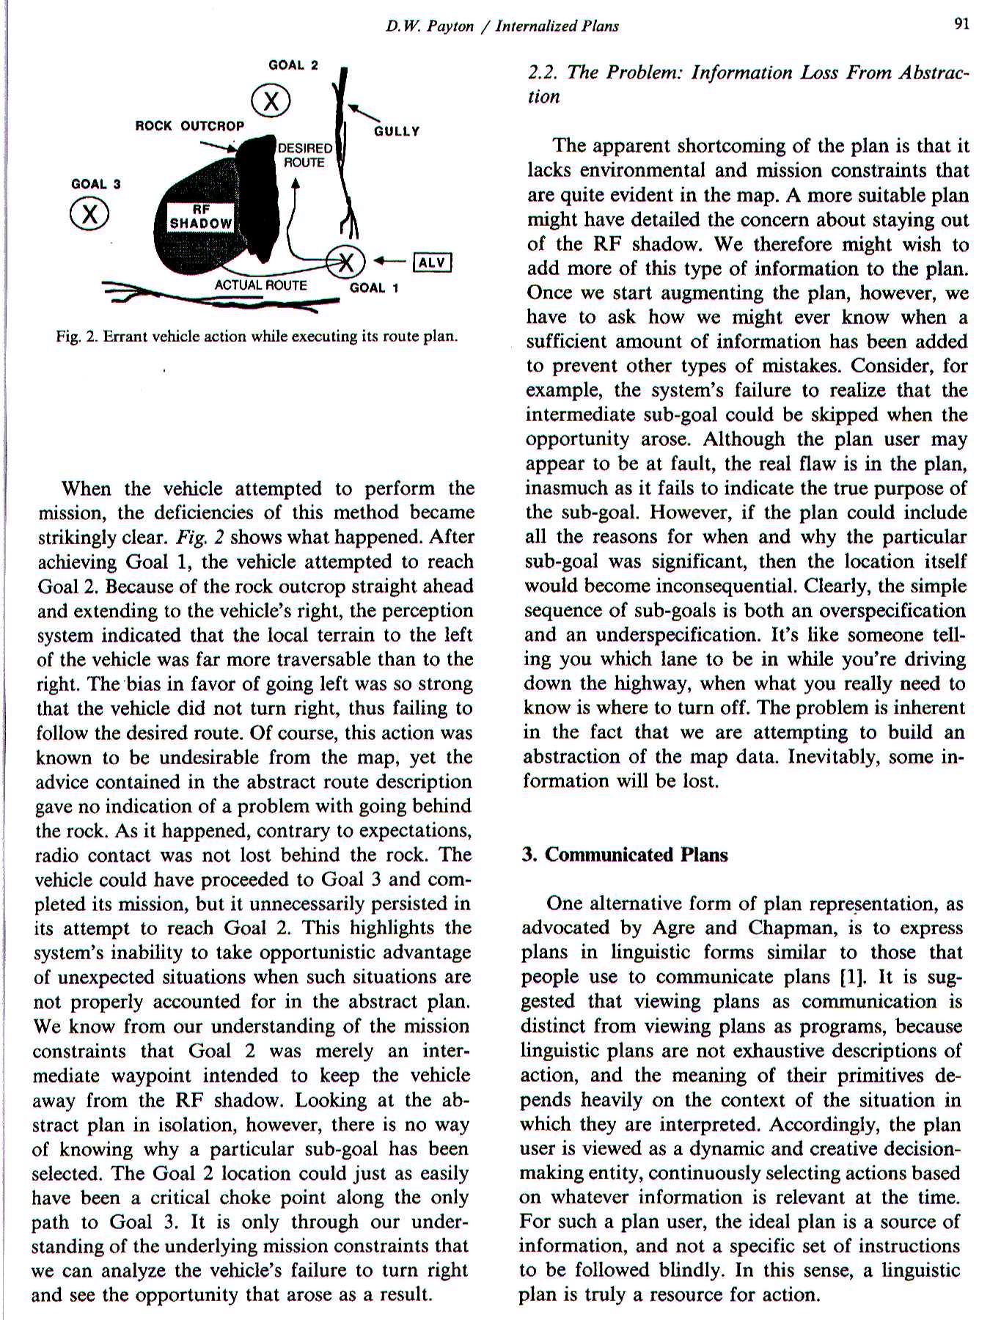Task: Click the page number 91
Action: click(962, 23)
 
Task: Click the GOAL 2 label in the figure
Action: click(293, 65)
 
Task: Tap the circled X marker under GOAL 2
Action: click(271, 101)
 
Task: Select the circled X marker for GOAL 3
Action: click(89, 214)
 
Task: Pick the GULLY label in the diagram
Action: click(397, 131)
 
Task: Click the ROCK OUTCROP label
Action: click(190, 125)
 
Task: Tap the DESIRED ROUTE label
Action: click(304, 155)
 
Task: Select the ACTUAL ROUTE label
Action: click(261, 285)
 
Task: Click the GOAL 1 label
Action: click(374, 287)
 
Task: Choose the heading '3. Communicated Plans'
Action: click(625, 854)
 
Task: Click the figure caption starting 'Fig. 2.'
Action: click(257, 337)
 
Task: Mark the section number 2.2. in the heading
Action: click(543, 73)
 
